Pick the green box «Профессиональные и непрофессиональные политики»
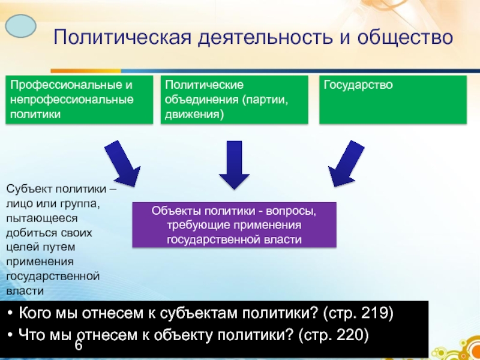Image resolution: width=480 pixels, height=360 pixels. (x=80, y=100)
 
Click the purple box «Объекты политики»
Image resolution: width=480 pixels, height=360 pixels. (x=234, y=225)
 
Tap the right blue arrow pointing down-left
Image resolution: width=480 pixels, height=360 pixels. (x=346, y=164)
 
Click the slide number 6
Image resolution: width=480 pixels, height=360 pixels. (x=79, y=347)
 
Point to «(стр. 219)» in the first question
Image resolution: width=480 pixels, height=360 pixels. (x=358, y=313)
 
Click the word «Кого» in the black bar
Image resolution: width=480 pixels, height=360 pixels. (x=37, y=313)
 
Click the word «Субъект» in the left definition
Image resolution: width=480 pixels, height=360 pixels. (x=29, y=190)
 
